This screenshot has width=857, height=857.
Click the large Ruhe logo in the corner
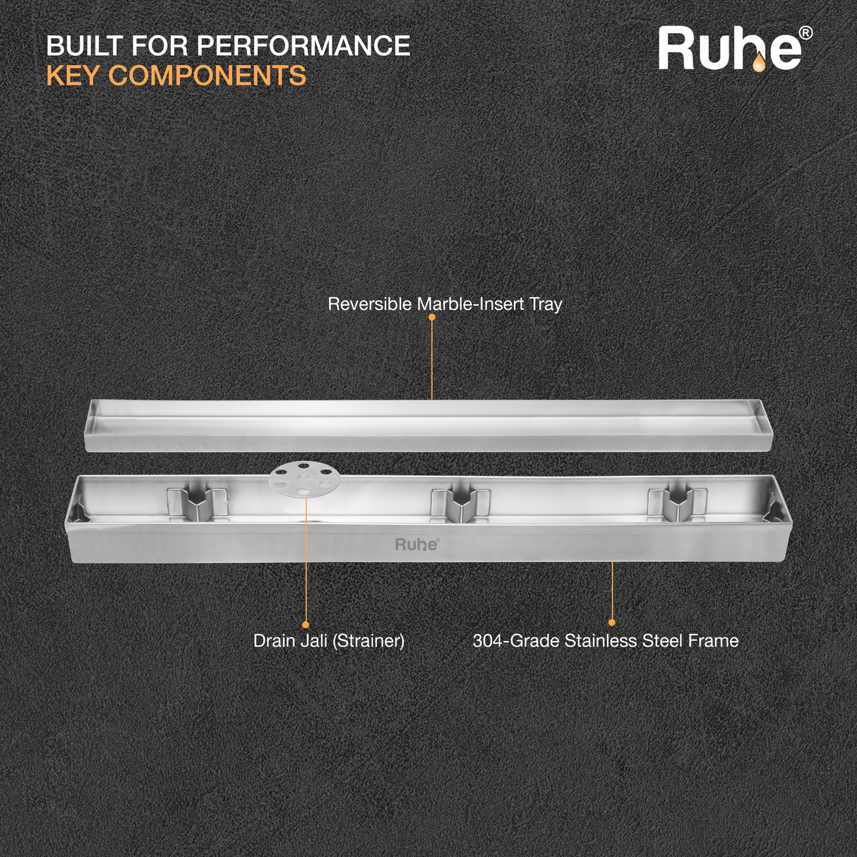tap(730, 49)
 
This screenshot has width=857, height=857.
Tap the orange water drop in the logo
tap(758, 64)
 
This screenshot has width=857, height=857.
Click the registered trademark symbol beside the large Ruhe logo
tap(805, 33)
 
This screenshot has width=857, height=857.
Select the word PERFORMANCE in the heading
tap(303, 47)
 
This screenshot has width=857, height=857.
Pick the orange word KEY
tap(73, 76)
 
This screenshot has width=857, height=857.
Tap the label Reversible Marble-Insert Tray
tap(445, 304)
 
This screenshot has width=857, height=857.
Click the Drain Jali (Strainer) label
tap(329, 641)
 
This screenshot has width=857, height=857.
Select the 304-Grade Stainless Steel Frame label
tap(606, 641)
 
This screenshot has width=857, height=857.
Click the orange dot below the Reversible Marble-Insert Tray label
tap(432, 317)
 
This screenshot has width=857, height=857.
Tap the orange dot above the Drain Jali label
tap(306, 625)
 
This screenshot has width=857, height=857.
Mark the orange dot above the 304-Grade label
tap(612, 623)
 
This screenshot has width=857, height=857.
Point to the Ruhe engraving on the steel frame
tap(416, 544)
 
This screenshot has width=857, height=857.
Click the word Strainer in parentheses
tap(368, 641)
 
